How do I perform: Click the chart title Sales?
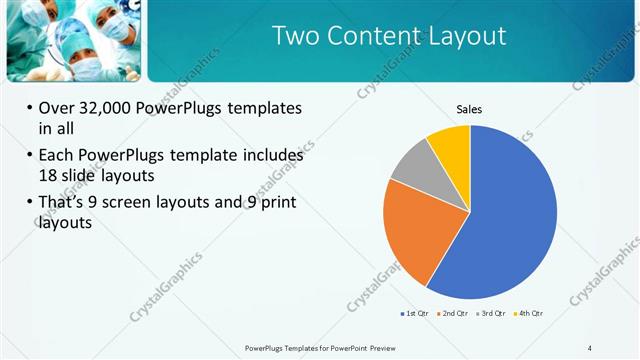[470, 109]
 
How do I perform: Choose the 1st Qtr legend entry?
[415, 314]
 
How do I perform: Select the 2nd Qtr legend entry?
[453, 314]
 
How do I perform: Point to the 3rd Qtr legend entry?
[491, 314]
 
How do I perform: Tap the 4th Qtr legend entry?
[528, 314]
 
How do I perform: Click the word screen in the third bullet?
[146, 203]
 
